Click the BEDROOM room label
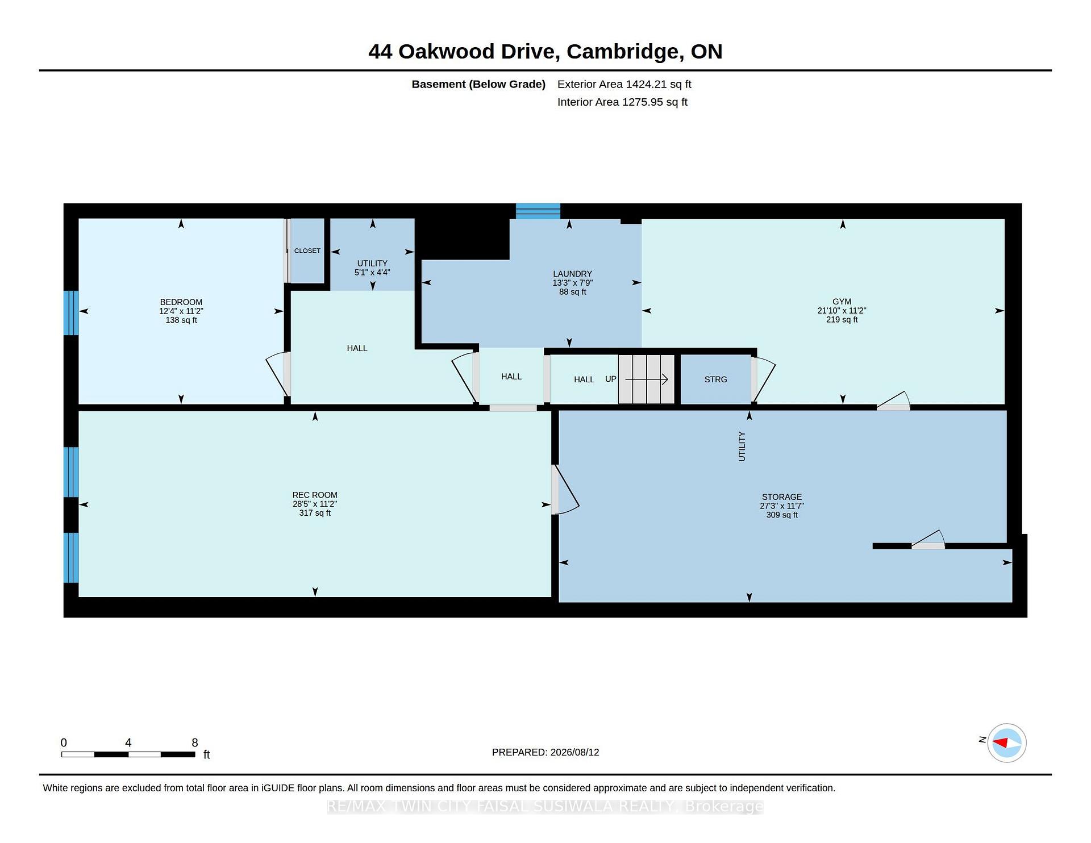(181, 302)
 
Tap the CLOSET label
(307, 251)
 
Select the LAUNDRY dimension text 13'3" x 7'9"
(572, 283)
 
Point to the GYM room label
(842, 302)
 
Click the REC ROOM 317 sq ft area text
(315, 513)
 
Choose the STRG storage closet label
(715, 379)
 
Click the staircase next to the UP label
(646, 379)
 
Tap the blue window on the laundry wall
(538, 211)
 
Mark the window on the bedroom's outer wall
(71, 313)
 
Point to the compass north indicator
(1000, 742)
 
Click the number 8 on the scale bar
(195, 742)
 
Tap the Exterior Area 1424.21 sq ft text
(624, 84)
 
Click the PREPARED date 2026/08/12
(574, 752)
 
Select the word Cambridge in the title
(625, 52)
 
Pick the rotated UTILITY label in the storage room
(742, 446)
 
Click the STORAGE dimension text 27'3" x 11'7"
(782, 506)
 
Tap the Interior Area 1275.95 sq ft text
(622, 102)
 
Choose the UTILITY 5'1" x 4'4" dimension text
(372, 273)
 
